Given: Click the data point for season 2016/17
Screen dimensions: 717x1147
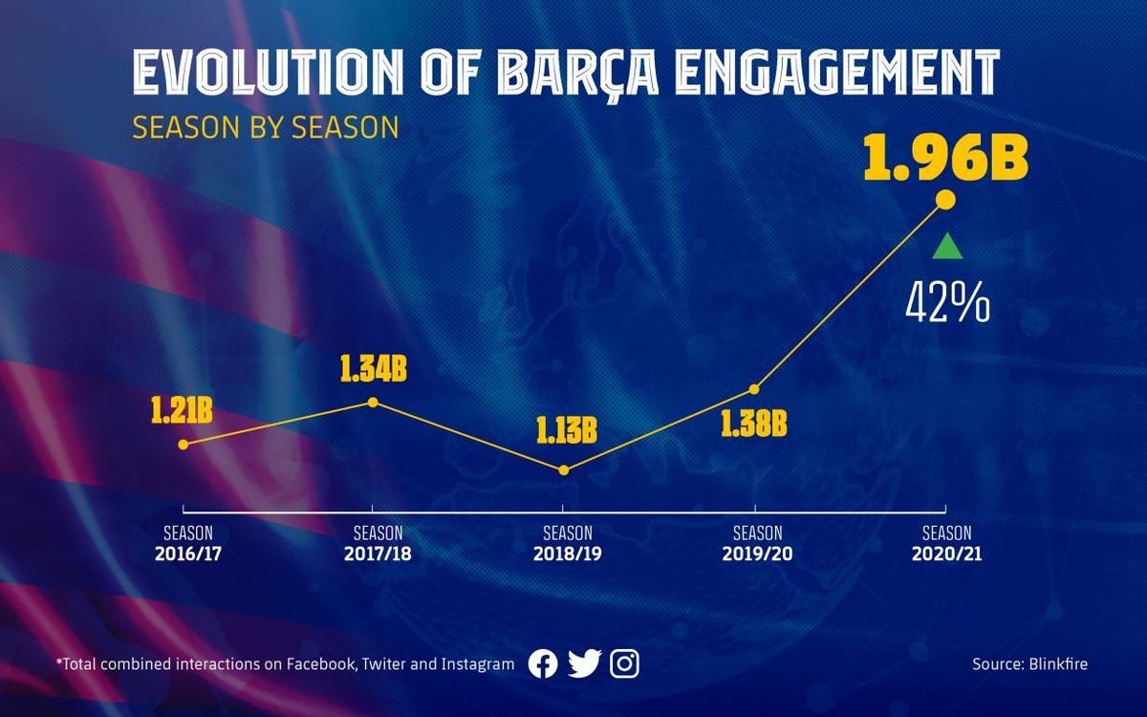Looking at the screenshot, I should point(184,444).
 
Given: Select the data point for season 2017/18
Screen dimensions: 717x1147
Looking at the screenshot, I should point(373,402).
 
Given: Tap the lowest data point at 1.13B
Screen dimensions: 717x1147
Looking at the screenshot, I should point(564,470).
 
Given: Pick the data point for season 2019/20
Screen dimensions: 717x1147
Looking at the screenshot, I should point(754,389).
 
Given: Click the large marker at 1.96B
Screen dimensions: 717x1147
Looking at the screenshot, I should point(945,199).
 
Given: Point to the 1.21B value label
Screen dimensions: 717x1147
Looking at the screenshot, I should point(181,412).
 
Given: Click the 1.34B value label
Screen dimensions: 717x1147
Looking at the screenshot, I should point(374,370).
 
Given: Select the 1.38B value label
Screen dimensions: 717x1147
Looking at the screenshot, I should point(754,424).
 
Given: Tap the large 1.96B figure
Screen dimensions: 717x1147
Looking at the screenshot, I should point(945,161).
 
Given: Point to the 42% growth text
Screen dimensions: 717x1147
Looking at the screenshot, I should point(947,304).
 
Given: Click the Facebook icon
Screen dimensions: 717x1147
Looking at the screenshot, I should point(543,663).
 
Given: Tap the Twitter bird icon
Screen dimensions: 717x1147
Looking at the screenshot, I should point(584,663).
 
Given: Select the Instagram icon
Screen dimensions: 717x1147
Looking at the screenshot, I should point(624,663).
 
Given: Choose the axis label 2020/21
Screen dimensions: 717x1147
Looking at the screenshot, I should point(946,554).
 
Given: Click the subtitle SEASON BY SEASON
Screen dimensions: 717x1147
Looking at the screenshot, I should point(265,128).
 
